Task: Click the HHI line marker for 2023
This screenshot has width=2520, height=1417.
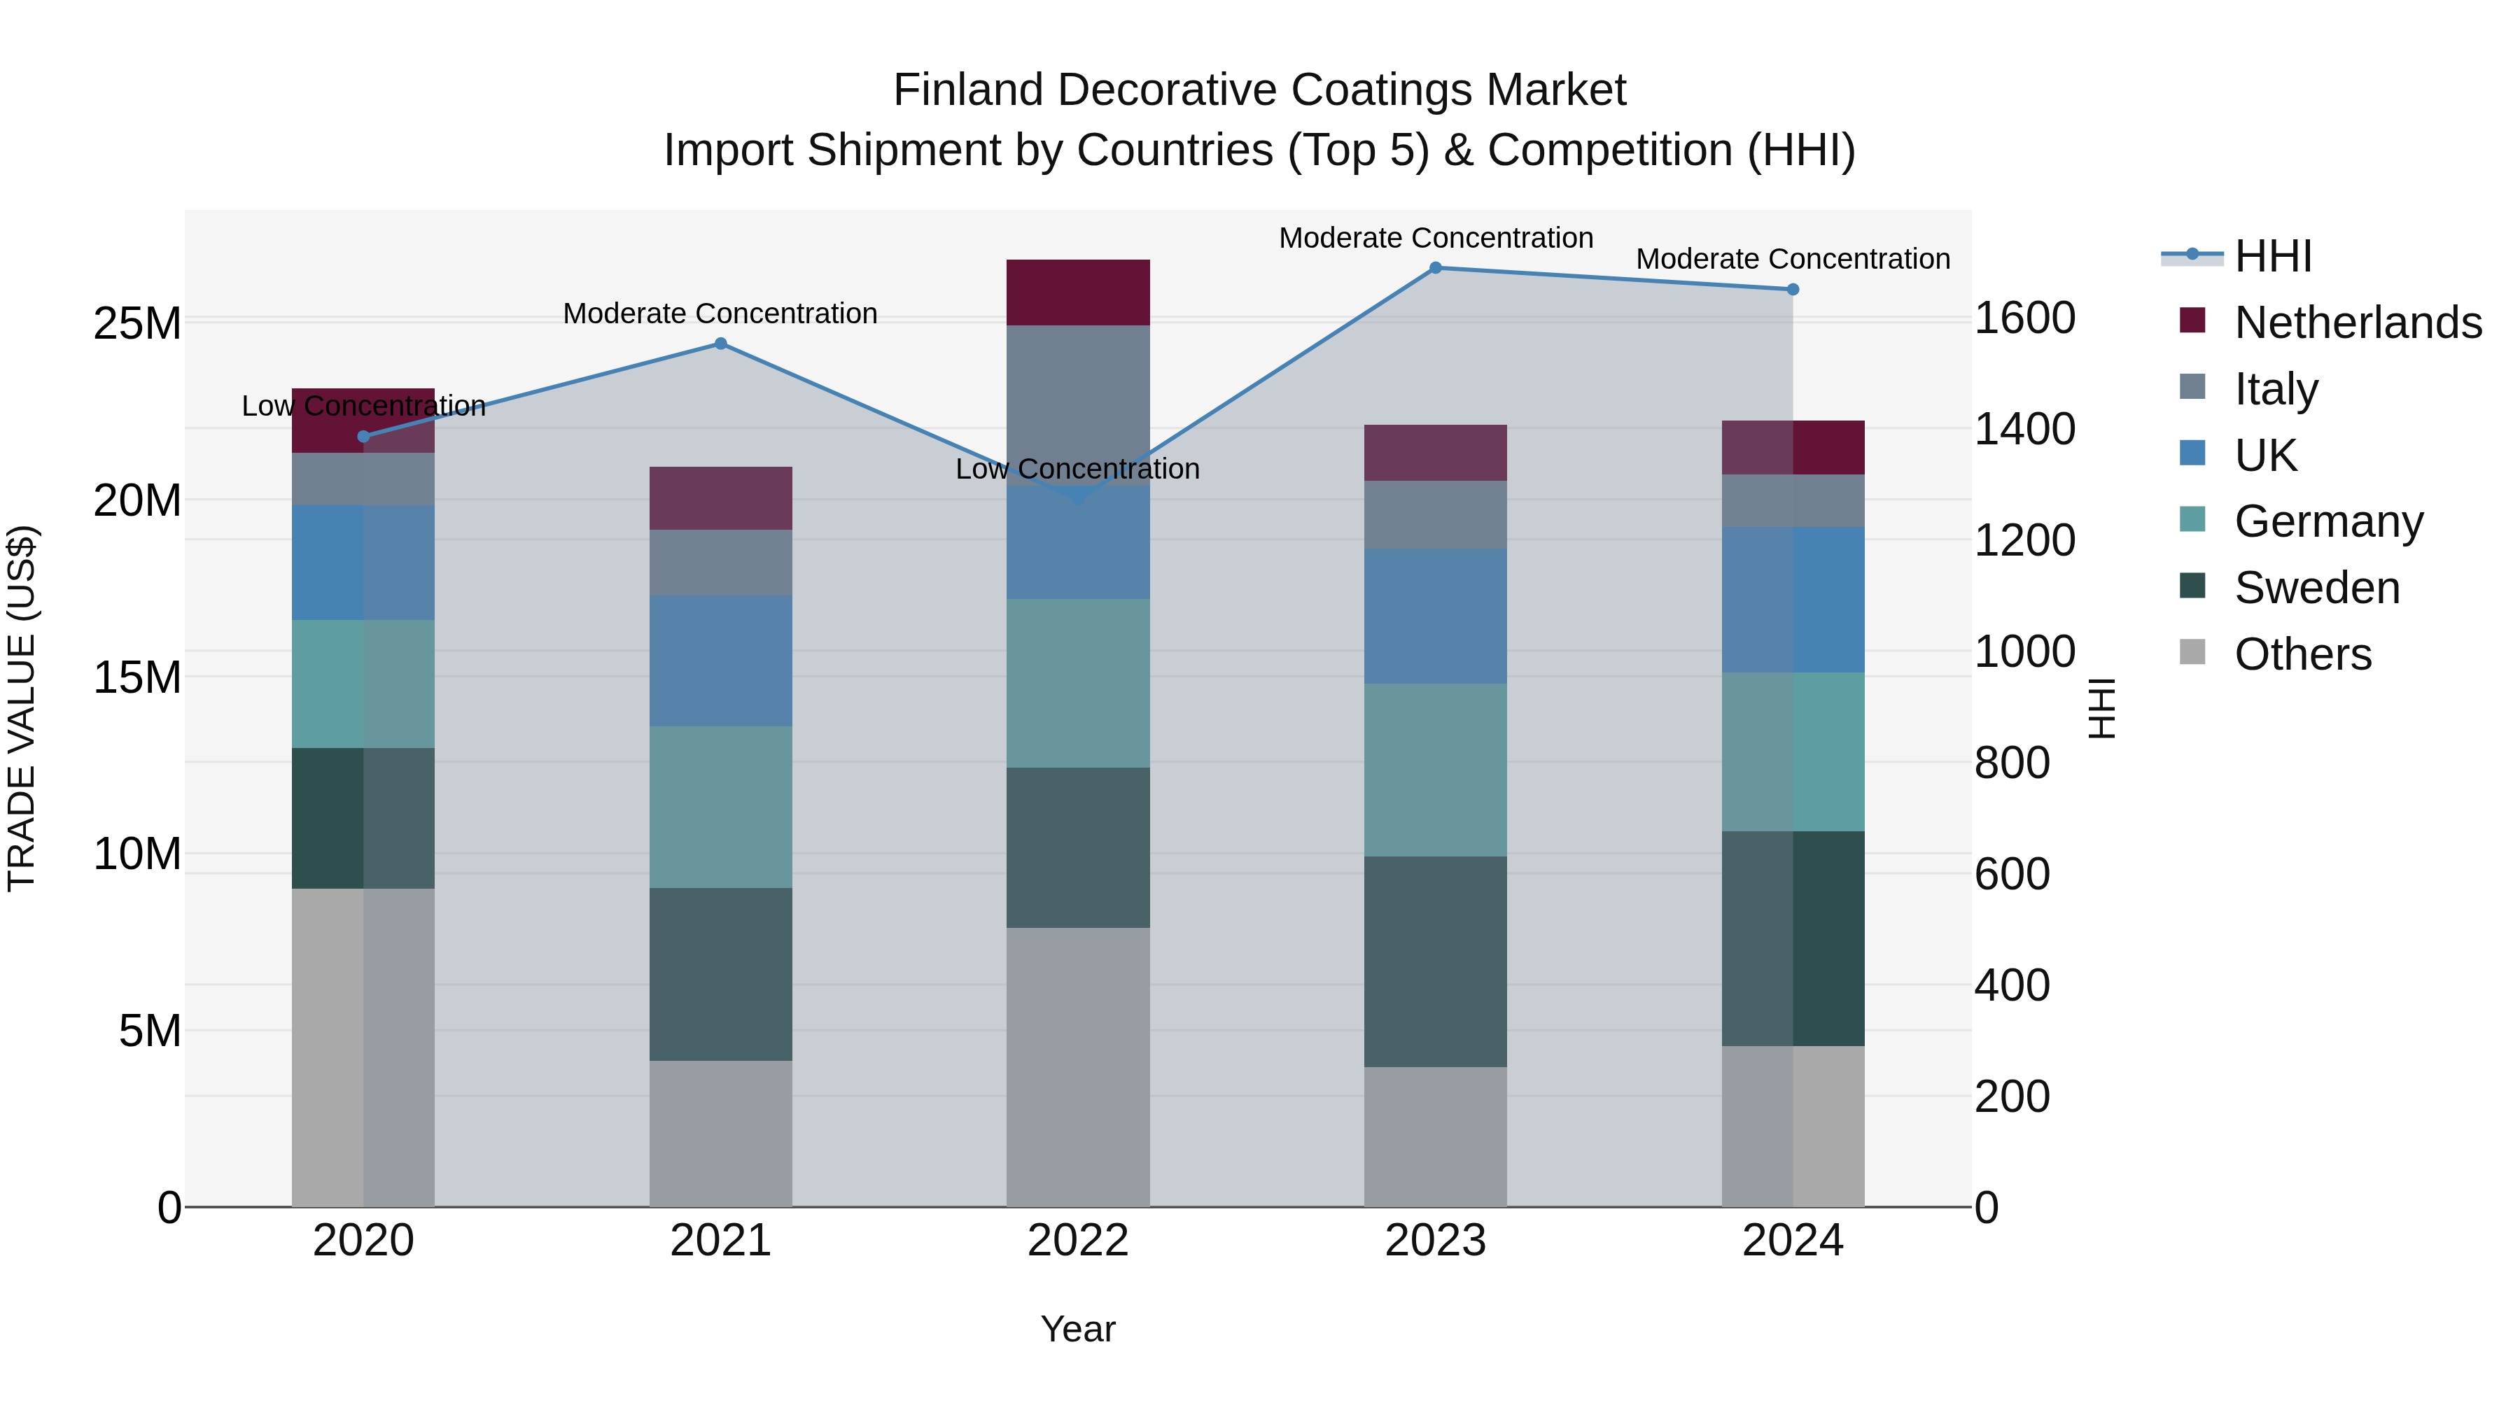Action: (x=1435, y=268)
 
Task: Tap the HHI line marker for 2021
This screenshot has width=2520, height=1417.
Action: (x=721, y=344)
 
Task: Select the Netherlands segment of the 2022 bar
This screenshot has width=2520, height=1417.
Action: (x=1078, y=292)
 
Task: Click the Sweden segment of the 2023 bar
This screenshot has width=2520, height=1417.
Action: (x=1435, y=961)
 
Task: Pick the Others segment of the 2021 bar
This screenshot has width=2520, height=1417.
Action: (x=721, y=1134)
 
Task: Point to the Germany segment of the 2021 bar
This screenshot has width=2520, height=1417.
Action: (x=721, y=807)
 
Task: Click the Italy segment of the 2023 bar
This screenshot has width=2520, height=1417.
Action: (x=1435, y=514)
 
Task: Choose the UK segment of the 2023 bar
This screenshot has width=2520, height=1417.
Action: (x=1435, y=616)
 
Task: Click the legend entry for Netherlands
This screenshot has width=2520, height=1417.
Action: (x=2358, y=323)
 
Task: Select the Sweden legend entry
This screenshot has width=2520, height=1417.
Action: (x=2316, y=588)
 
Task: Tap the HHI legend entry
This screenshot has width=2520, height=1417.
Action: (x=2272, y=256)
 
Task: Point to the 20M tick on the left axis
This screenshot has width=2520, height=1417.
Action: (x=137, y=501)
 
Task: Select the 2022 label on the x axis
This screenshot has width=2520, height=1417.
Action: (x=1078, y=1241)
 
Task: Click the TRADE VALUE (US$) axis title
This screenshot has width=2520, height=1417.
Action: (x=22, y=708)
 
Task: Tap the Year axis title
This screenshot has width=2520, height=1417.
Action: (x=1078, y=1329)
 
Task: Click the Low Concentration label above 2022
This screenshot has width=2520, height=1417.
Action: (x=1077, y=470)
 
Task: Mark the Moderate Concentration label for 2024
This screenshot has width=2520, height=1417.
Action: (x=1792, y=259)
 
